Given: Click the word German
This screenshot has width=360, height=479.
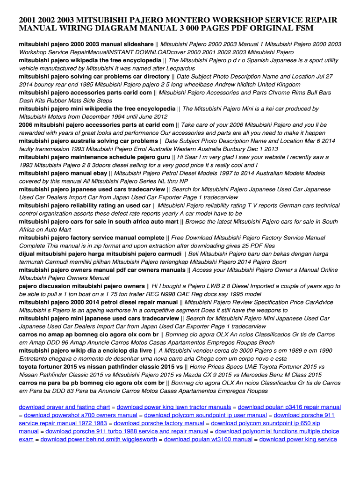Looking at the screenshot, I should click(x=279, y=205).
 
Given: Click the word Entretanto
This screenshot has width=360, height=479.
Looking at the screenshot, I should click(x=36, y=359).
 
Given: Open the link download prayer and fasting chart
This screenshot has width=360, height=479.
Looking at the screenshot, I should click(x=64, y=407).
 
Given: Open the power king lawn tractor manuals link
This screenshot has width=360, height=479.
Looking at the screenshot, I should click(x=174, y=407).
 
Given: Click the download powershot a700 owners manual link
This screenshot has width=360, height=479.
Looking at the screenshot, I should click(x=80, y=415).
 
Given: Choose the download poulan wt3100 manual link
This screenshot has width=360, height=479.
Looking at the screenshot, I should click(x=208, y=439).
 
